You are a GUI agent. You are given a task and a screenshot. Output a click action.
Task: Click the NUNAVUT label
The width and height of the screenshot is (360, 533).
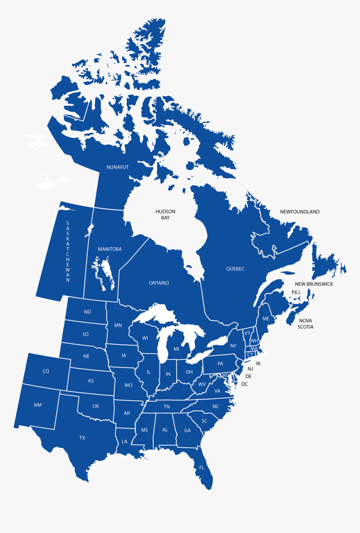(118, 167)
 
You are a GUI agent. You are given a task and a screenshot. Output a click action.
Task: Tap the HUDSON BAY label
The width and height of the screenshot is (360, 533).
(165, 215)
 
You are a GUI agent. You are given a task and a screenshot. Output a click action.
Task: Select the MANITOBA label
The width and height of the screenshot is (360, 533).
(110, 249)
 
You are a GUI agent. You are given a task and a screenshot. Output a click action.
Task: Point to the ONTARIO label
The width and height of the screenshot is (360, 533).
(159, 283)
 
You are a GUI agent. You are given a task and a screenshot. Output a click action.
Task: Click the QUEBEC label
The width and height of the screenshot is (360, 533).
(235, 269)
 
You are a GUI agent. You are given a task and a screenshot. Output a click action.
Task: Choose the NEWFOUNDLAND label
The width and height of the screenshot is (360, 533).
(300, 212)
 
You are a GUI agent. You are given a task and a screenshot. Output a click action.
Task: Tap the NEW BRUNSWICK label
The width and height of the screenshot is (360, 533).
(314, 284)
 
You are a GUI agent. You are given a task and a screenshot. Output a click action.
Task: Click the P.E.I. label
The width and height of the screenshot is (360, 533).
(296, 292)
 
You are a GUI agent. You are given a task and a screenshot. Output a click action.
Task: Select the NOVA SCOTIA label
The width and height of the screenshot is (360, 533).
(306, 324)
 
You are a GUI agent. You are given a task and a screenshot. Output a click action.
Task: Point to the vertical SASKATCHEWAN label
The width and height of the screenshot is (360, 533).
(68, 252)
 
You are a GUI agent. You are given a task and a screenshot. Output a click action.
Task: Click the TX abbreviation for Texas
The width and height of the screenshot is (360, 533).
(82, 438)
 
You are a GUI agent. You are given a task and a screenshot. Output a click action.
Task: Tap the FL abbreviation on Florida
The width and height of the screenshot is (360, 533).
(202, 468)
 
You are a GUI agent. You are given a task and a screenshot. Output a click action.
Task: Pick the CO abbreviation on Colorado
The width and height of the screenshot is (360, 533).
(46, 372)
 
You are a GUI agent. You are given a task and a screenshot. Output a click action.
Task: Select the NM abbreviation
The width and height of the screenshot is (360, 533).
(38, 405)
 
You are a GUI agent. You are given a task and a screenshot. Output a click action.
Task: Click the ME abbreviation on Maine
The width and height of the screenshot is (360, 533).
(266, 319)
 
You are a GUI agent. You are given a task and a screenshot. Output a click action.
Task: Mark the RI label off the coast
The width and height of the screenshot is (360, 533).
(258, 364)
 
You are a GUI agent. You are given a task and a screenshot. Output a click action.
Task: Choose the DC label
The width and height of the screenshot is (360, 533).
(244, 384)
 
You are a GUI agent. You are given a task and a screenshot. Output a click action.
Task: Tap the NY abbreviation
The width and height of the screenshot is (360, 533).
(234, 346)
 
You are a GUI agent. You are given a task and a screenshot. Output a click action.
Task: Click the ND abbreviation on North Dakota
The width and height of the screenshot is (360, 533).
(87, 312)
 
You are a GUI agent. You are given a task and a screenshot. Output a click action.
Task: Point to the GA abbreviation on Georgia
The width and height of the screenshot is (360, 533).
(187, 431)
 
